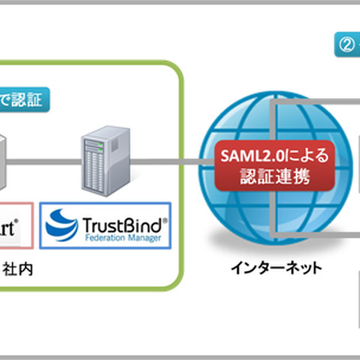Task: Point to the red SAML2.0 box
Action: coord(273,166)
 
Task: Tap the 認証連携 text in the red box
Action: coord(273,178)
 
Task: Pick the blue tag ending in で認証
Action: coord(22,97)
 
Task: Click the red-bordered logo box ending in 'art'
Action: coord(15,223)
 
